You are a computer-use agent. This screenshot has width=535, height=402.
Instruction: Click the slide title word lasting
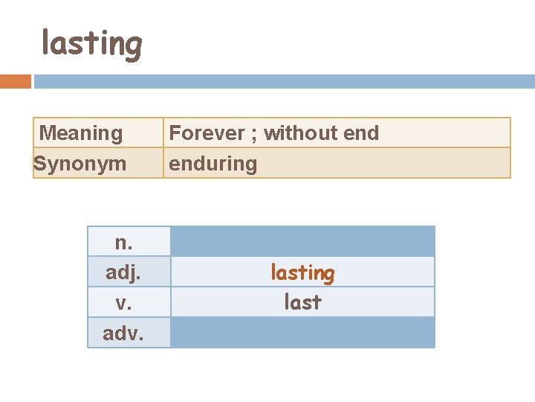(x=91, y=44)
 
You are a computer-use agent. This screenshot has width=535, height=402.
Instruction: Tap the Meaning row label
(x=80, y=133)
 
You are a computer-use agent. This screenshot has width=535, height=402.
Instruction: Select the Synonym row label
(x=80, y=163)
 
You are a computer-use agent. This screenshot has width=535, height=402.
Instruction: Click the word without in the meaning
(x=296, y=133)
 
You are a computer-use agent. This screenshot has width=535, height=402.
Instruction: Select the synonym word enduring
(x=213, y=164)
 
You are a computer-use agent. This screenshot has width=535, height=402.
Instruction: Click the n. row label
(x=123, y=242)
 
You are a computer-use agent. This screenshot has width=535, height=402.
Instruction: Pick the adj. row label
(x=123, y=272)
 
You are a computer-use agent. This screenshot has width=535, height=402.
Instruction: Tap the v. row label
(x=123, y=302)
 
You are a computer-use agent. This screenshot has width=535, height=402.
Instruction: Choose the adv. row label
(x=123, y=333)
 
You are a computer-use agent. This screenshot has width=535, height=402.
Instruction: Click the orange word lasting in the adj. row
(x=302, y=272)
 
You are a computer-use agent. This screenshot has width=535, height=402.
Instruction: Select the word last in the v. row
(x=302, y=302)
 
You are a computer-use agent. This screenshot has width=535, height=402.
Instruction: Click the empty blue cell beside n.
(x=302, y=241)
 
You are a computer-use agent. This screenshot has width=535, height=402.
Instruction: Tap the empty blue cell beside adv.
(x=302, y=333)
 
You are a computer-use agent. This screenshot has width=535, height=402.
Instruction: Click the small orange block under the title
(x=16, y=81)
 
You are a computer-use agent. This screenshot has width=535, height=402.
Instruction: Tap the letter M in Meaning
(x=47, y=133)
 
